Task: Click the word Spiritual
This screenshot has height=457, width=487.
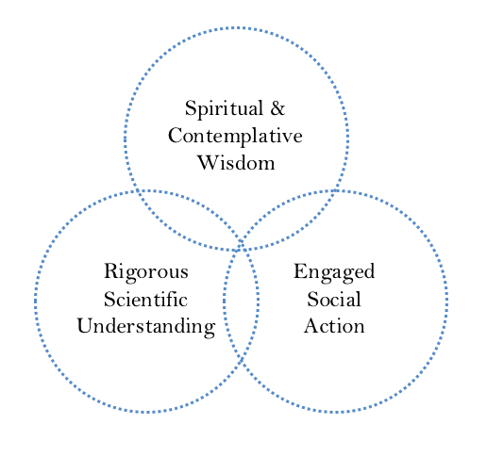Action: click(224, 108)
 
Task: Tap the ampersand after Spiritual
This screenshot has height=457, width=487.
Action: click(277, 108)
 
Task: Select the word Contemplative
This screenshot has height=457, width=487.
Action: click(235, 137)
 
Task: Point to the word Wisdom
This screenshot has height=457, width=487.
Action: click(236, 163)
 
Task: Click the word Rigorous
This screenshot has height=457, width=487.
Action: click(146, 272)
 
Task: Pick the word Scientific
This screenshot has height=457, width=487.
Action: click(145, 299)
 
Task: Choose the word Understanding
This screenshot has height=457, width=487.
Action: click(146, 327)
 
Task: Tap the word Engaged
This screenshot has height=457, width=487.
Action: click(334, 272)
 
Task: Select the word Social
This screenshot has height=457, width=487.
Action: click(334, 299)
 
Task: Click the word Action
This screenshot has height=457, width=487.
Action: click(334, 326)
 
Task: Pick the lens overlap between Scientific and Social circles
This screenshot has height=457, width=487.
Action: click(241, 302)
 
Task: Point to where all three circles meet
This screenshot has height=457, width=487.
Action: click(241, 246)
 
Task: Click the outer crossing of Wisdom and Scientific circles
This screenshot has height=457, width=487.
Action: click(137, 190)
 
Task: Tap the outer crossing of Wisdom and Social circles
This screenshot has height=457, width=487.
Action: click(336, 190)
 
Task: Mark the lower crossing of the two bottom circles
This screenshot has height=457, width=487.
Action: click(241, 361)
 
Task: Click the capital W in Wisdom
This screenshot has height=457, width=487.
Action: click(209, 163)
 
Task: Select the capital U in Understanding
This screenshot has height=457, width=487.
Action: click(86, 326)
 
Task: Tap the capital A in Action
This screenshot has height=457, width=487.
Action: click(312, 325)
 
